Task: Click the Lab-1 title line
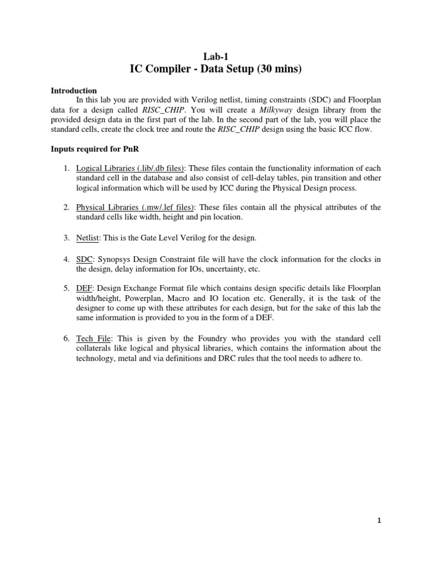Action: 215,55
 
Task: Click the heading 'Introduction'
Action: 74,90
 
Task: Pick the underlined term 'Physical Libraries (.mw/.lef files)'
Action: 134,207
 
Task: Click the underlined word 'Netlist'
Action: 88,238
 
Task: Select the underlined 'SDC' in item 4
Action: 84,259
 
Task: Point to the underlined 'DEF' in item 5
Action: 84,288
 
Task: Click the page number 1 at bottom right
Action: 380,521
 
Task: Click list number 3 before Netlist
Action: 65,238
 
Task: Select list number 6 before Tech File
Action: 65,338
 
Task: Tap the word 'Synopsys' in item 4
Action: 116,259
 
